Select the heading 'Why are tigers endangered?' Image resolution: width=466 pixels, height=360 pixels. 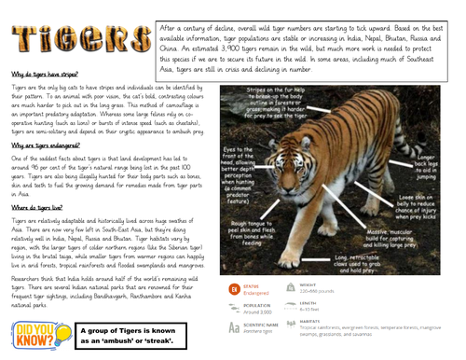click(45, 146)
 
